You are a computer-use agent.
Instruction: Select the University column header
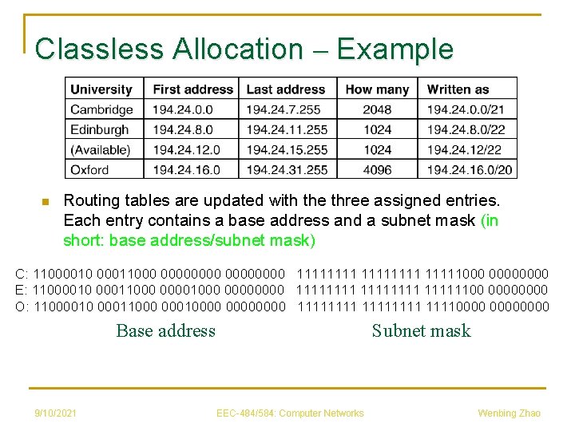coord(101,89)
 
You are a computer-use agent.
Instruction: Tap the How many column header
coord(377,89)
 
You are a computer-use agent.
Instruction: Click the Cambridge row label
coord(101,109)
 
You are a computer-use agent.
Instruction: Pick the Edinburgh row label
coord(100,129)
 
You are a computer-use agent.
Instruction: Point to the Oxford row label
coord(89,169)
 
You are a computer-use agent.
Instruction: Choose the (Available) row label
coord(100,149)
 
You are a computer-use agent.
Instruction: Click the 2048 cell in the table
coord(377,109)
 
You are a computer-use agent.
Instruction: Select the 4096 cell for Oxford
coord(377,169)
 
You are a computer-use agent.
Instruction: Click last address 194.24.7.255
coord(284,109)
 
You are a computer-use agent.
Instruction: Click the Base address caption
coord(165,330)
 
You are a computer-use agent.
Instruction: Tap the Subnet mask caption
coord(421,330)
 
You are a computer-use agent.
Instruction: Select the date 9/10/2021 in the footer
coord(55,413)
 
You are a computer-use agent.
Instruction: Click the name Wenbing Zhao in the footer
coord(509,413)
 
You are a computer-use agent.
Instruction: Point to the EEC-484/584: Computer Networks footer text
coord(290,413)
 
